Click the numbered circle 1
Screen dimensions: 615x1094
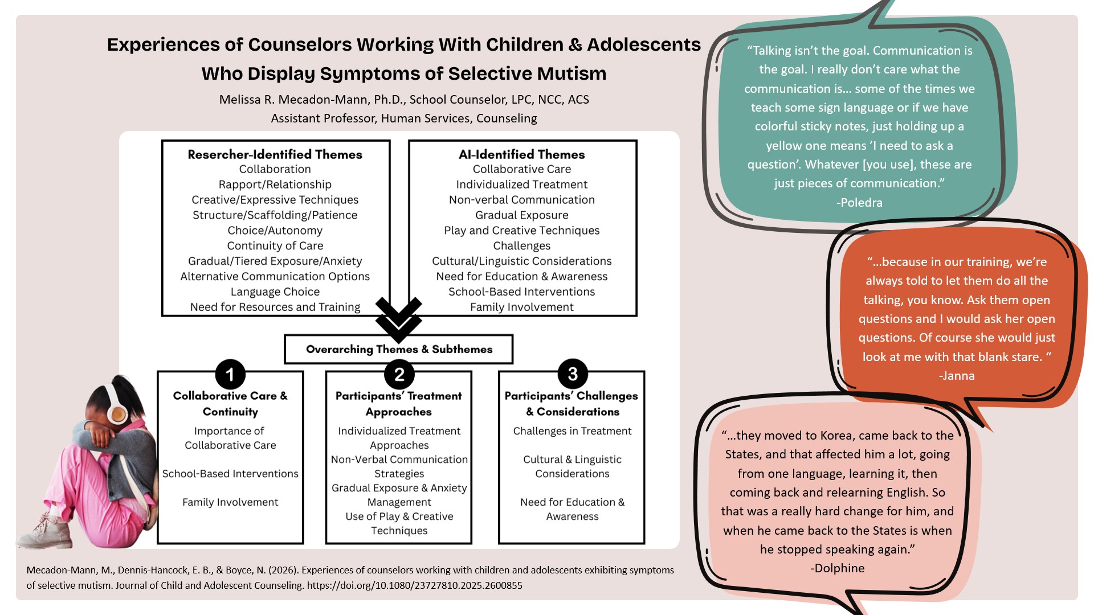[x=230, y=374]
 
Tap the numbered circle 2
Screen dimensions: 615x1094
[x=399, y=374]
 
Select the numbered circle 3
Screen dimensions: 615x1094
[x=573, y=374]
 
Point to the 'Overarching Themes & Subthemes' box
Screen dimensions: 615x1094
[x=399, y=349]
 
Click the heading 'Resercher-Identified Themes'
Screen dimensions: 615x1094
[x=275, y=154]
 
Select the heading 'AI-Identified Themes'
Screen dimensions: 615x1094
[x=522, y=154]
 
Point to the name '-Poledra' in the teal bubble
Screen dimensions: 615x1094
[x=859, y=203]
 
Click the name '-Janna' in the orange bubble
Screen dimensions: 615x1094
[x=957, y=376]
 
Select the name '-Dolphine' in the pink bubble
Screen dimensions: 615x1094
[x=837, y=568]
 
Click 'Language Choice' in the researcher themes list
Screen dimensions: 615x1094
[x=275, y=292]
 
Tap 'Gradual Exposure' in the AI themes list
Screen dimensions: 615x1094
[x=522, y=215]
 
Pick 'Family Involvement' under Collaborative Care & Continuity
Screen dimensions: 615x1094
[x=230, y=502]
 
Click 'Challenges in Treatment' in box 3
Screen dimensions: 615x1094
[x=572, y=431]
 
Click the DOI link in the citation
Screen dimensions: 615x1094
[x=414, y=585]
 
